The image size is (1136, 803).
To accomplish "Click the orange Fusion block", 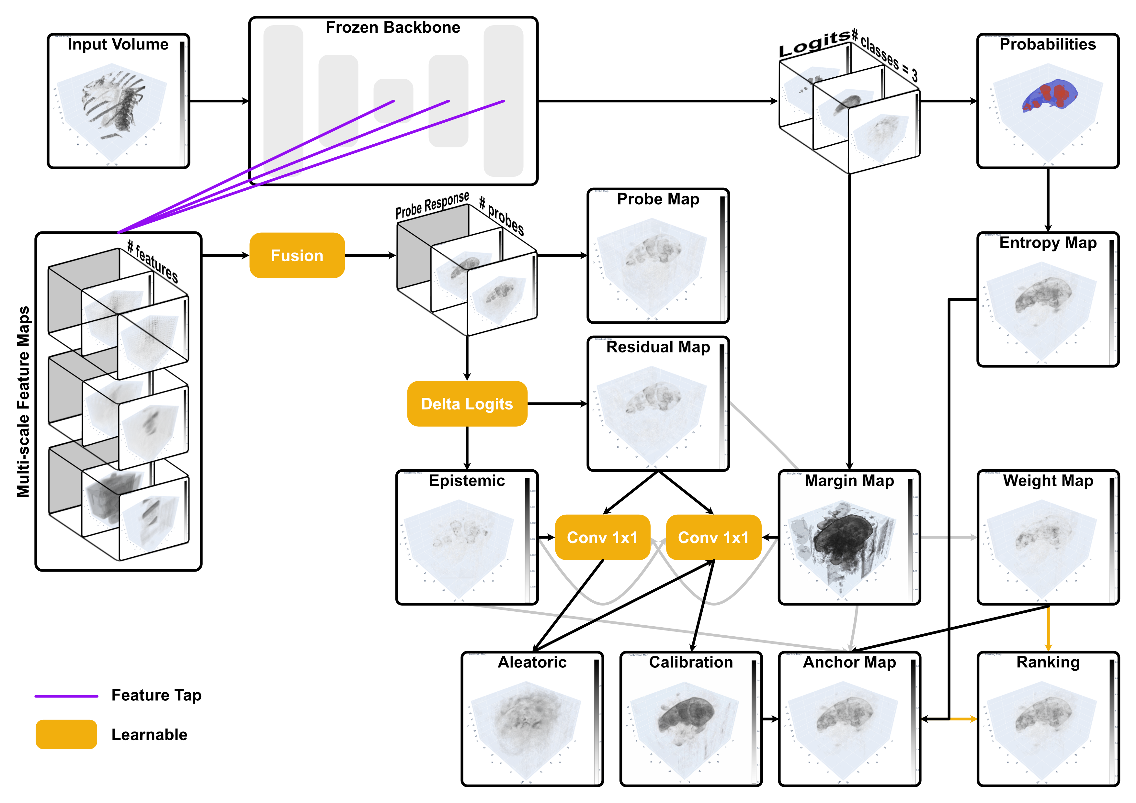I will coord(297,256).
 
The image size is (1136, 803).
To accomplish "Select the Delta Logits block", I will coord(467,404).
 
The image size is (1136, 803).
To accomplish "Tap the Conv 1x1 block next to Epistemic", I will coord(602,538).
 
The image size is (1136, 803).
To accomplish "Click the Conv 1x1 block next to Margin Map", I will coord(713,538).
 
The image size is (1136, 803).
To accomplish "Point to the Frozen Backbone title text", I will coord(393,28).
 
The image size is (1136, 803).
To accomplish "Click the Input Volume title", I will coord(118,44).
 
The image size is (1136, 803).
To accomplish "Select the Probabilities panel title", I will coord(1048,44).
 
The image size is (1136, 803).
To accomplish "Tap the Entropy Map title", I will coord(1048,243).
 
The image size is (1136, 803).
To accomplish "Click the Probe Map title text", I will coord(658,199).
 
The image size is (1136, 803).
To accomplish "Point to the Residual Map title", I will coord(658,347).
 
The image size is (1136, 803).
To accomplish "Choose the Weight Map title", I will coord(1048,481).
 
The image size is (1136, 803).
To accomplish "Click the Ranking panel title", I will coord(1048,662).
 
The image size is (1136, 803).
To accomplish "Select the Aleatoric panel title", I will coord(532,662).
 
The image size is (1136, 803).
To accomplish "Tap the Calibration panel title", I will coord(691,662).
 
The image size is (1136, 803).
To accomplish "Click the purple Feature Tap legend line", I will coord(66,696).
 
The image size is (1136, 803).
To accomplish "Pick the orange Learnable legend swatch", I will coord(66,734).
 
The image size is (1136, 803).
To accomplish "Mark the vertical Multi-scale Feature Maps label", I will coord(23,401).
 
